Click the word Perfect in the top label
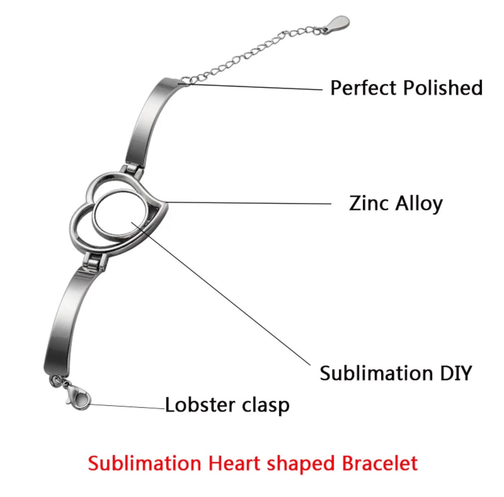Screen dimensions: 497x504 pos(363,88)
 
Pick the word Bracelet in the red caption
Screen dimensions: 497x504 pos(379,463)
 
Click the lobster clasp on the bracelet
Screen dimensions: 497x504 pos(78,396)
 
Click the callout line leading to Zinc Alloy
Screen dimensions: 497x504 pos(248,203)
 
